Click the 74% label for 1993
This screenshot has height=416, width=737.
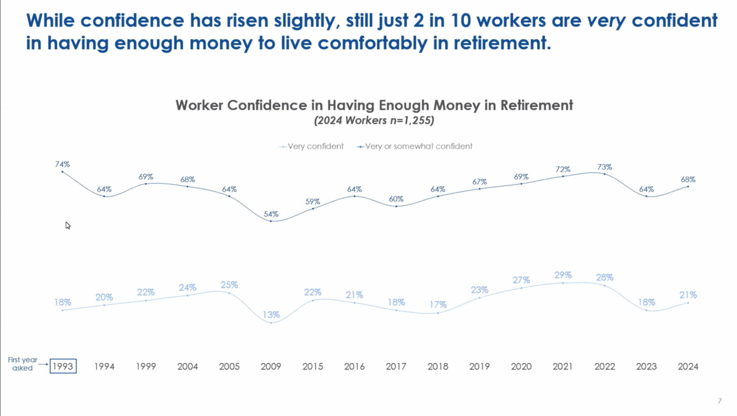pyautogui.click(x=62, y=164)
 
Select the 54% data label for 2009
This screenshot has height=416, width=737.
pyautogui.click(x=271, y=214)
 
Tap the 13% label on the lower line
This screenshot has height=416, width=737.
pyautogui.click(x=271, y=315)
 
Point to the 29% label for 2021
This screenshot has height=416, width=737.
pyautogui.click(x=563, y=275)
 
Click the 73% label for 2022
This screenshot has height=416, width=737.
pyautogui.click(x=605, y=167)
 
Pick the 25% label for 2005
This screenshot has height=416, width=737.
pyautogui.click(x=229, y=285)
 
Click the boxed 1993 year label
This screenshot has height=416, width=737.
pyautogui.click(x=63, y=366)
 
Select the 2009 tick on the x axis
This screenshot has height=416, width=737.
pyautogui.click(x=271, y=366)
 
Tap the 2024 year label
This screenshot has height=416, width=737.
pyautogui.click(x=688, y=366)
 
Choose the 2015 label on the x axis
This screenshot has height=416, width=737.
pyautogui.click(x=313, y=366)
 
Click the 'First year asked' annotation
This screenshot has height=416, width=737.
pyautogui.click(x=22, y=364)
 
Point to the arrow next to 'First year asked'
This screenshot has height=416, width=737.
pyautogui.click(x=43, y=365)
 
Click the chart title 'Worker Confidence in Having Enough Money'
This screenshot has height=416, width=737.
pyautogui.click(x=374, y=105)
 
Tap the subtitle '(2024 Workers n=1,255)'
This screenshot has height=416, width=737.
pyautogui.click(x=374, y=120)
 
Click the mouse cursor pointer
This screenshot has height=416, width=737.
pyautogui.click(x=68, y=225)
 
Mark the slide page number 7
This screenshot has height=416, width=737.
pyautogui.click(x=719, y=401)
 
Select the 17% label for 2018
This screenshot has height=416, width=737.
pyautogui.click(x=438, y=304)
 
